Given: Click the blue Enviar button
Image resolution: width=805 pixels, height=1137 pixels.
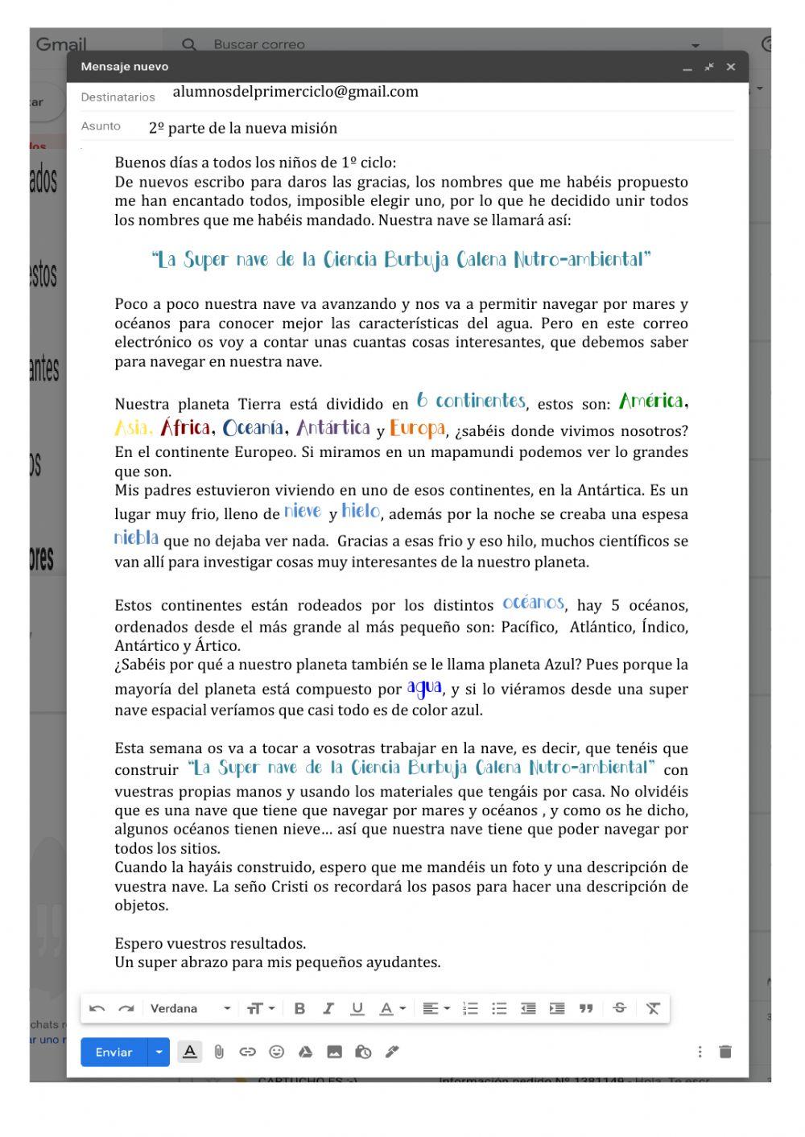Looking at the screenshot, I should click(x=114, y=1053).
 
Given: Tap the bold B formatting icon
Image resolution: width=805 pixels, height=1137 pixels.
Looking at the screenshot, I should click(x=299, y=1008).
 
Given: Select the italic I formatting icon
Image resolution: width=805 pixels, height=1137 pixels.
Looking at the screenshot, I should click(x=328, y=1008).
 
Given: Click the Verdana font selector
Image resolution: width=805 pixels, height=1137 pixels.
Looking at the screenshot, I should click(x=190, y=1008).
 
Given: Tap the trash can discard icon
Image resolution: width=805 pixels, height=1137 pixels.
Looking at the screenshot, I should click(x=725, y=1052).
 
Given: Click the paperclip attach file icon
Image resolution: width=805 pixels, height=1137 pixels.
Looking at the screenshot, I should click(x=219, y=1052).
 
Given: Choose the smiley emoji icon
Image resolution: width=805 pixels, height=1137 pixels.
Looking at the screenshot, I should click(x=276, y=1052).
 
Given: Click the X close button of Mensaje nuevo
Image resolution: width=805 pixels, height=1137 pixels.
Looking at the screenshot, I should click(x=731, y=67).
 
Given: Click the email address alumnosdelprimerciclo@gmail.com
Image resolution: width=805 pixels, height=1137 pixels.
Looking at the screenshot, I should click(x=295, y=92).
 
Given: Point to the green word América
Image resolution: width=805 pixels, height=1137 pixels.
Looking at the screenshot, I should click(x=652, y=401).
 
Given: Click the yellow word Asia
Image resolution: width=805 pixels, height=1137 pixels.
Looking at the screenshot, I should click(x=133, y=428).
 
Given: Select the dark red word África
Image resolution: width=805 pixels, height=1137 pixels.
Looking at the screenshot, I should click(x=186, y=427).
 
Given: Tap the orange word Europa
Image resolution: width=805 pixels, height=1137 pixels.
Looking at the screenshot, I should click(x=418, y=428).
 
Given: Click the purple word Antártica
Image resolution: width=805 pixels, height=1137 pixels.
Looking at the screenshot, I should click(x=333, y=428).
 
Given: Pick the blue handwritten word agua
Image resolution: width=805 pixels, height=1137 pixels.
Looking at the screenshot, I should click(x=424, y=687).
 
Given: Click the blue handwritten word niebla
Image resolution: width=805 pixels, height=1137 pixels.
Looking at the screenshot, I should click(x=136, y=538).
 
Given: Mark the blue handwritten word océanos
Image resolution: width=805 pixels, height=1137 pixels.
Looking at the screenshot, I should click(x=533, y=603).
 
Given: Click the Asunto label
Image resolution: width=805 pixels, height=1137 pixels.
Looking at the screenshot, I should click(x=101, y=126).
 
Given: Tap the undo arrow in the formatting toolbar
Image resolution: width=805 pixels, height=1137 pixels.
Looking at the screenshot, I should click(x=97, y=1008).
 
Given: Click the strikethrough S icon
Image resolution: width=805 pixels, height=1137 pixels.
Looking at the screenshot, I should click(x=619, y=1008).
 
